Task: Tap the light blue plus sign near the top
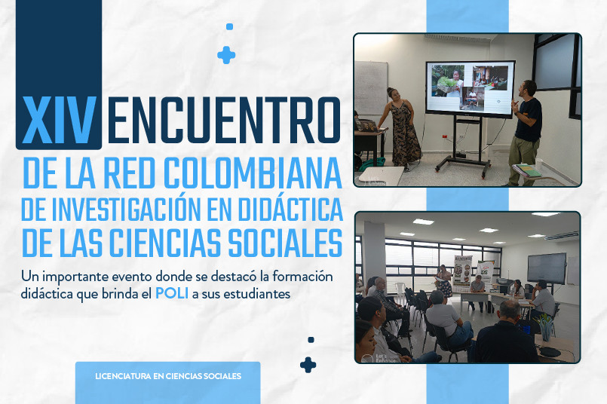[226, 55]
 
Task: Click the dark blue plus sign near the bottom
[308, 365]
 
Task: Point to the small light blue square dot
[229, 26]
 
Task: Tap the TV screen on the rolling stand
[469, 89]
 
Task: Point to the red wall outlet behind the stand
[443, 137]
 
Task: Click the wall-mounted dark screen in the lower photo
[546, 268]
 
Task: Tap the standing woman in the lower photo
[443, 280]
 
